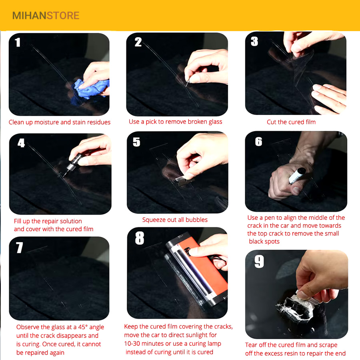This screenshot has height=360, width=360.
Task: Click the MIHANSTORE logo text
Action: [46, 16]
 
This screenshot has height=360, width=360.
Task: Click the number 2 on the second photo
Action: [138, 42]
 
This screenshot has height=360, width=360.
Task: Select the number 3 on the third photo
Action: [254, 41]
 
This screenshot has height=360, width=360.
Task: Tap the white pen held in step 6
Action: [297, 176]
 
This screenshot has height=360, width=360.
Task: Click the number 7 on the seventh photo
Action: [20, 248]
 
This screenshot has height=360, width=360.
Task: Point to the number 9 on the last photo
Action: [259, 261]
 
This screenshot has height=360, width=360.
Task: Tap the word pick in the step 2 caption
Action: [151, 122]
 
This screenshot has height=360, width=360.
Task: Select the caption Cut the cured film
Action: [291, 122]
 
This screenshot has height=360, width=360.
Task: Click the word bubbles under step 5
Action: [196, 220]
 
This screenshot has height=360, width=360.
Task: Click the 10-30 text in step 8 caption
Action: [132, 344]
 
